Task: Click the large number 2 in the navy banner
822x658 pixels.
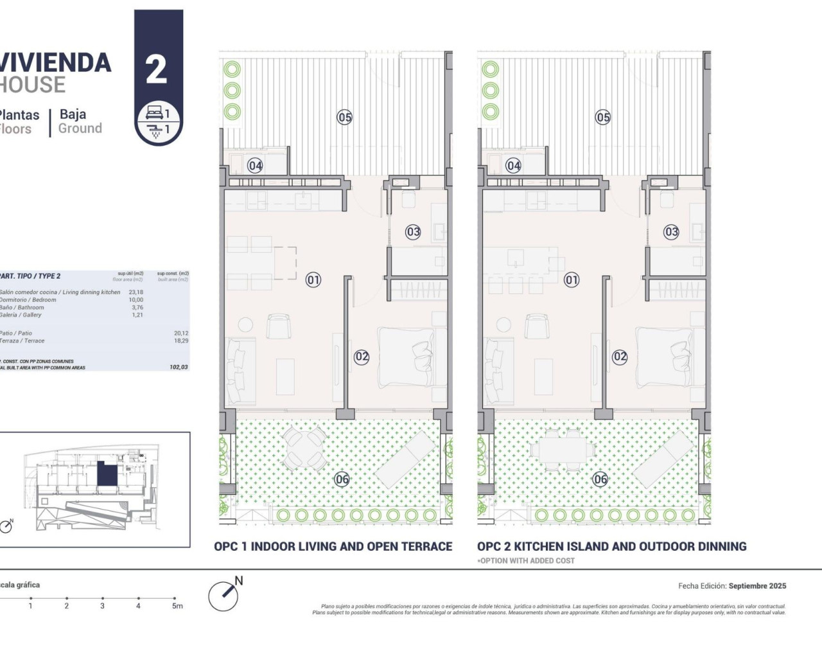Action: pyautogui.click(x=157, y=69)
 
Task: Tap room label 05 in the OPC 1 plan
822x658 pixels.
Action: pyautogui.click(x=345, y=117)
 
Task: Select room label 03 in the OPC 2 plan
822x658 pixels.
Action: pyautogui.click(x=671, y=232)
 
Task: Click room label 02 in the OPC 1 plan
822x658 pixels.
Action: pyautogui.click(x=362, y=357)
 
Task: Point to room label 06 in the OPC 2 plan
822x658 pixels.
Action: pyautogui.click(x=600, y=479)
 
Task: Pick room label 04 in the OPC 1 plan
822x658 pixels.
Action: pyautogui.click(x=256, y=166)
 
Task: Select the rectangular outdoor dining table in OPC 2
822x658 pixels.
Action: pyautogui.click(x=562, y=450)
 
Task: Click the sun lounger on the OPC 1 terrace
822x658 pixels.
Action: pyautogui.click(x=405, y=458)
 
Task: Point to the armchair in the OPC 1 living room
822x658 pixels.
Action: pyautogui.click(x=279, y=327)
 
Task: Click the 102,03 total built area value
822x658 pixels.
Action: pyautogui.click(x=179, y=368)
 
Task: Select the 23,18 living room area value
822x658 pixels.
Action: pyautogui.click(x=136, y=292)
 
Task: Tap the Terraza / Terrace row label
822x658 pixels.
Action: pyautogui.click(x=22, y=341)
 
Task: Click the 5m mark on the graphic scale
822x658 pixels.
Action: pyautogui.click(x=177, y=605)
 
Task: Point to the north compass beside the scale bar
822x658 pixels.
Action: pyautogui.click(x=224, y=595)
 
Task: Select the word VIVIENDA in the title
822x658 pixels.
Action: pyautogui.click(x=55, y=63)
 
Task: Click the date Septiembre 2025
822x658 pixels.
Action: pyautogui.click(x=757, y=586)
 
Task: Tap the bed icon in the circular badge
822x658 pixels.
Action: pyautogui.click(x=154, y=114)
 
